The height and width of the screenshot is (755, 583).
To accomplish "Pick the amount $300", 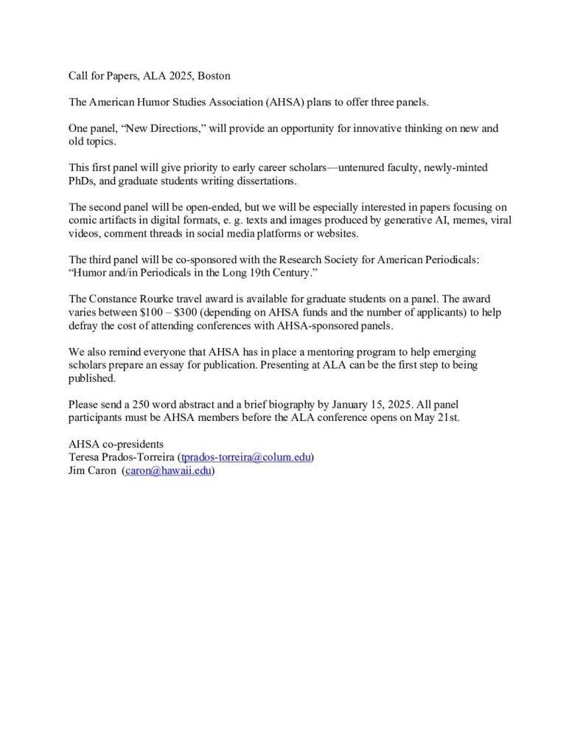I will point(187,312).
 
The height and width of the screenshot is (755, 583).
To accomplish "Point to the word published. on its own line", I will point(92,378).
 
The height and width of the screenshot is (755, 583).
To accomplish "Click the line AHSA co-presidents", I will point(116,444).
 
